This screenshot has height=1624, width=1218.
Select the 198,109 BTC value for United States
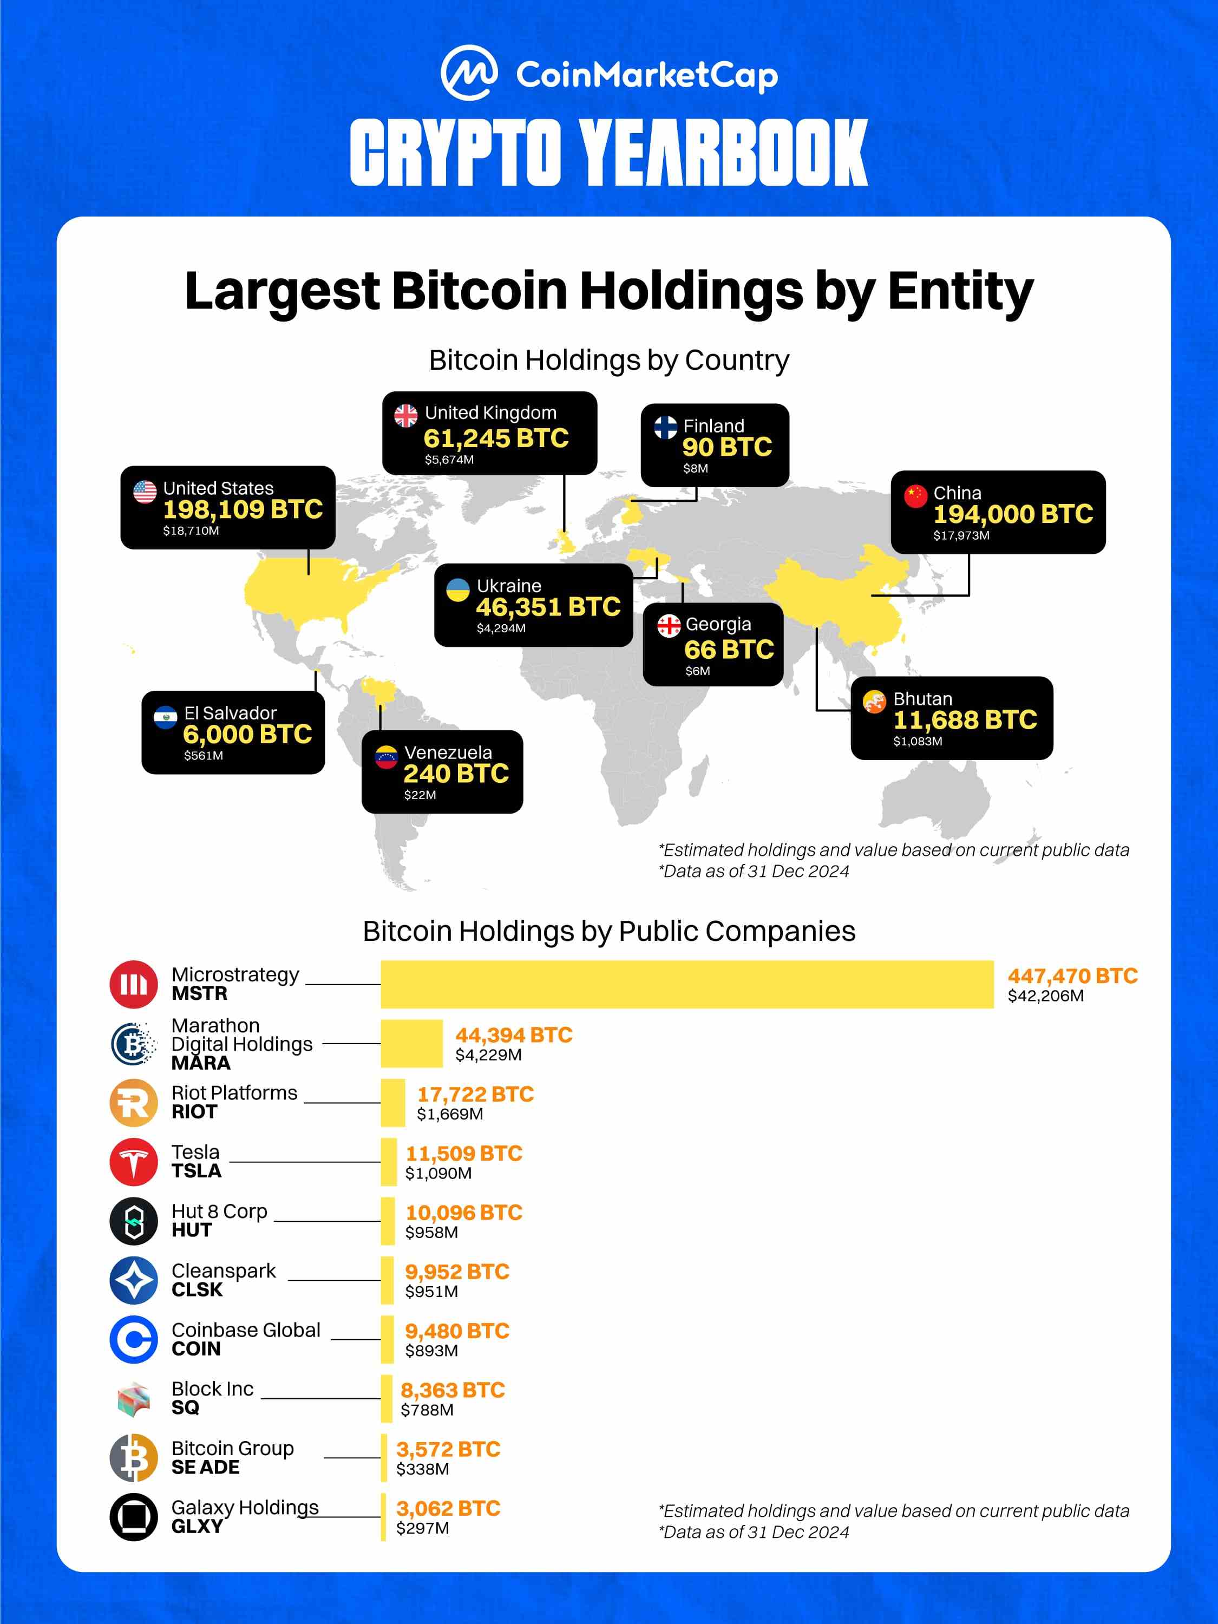[243, 509]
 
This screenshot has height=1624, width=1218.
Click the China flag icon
[915, 495]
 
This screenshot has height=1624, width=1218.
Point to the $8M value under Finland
[695, 468]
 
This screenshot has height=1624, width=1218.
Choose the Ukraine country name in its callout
[509, 586]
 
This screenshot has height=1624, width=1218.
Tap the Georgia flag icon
[669, 626]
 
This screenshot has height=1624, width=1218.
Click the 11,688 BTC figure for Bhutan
[965, 719]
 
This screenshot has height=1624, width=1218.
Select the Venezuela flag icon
[386, 756]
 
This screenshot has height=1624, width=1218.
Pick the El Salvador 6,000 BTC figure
[247, 734]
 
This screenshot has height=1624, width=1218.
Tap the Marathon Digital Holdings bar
[411, 1043]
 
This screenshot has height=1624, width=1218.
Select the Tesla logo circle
[134, 1162]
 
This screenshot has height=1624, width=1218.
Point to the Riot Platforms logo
[134, 1102]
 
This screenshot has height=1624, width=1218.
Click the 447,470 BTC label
[1072, 975]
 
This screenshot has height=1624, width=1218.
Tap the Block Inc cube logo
[134, 1399]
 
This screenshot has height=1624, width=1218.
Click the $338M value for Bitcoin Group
[422, 1469]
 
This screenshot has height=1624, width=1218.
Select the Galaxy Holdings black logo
[134, 1517]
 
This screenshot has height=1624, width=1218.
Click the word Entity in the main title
[960, 291]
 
